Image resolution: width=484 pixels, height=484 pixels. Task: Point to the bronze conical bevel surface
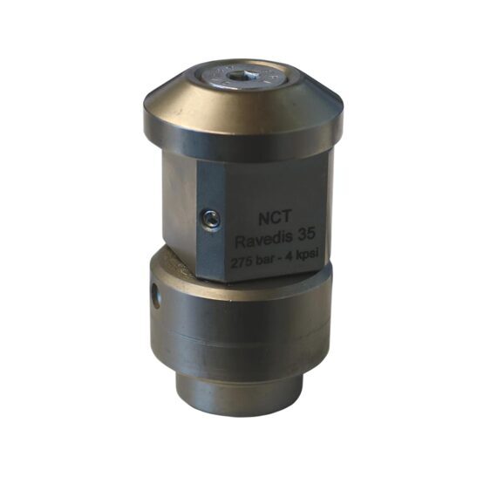[x=241, y=102]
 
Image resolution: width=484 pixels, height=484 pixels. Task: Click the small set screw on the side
[x=211, y=220]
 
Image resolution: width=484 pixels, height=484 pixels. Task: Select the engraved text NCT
[x=275, y=218]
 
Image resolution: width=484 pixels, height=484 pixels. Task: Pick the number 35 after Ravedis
[x=304, y=235]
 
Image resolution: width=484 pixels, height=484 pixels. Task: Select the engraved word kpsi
[x=308, y=255]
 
